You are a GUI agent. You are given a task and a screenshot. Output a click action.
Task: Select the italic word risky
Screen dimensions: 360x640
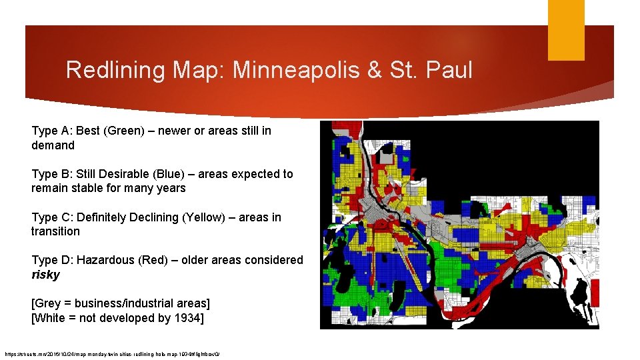click(x=45, y=275)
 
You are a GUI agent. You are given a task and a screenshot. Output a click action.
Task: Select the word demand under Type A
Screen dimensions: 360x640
click(x=53, y=145)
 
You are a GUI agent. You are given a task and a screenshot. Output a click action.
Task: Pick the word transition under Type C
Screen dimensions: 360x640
click(x=55, y=231)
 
